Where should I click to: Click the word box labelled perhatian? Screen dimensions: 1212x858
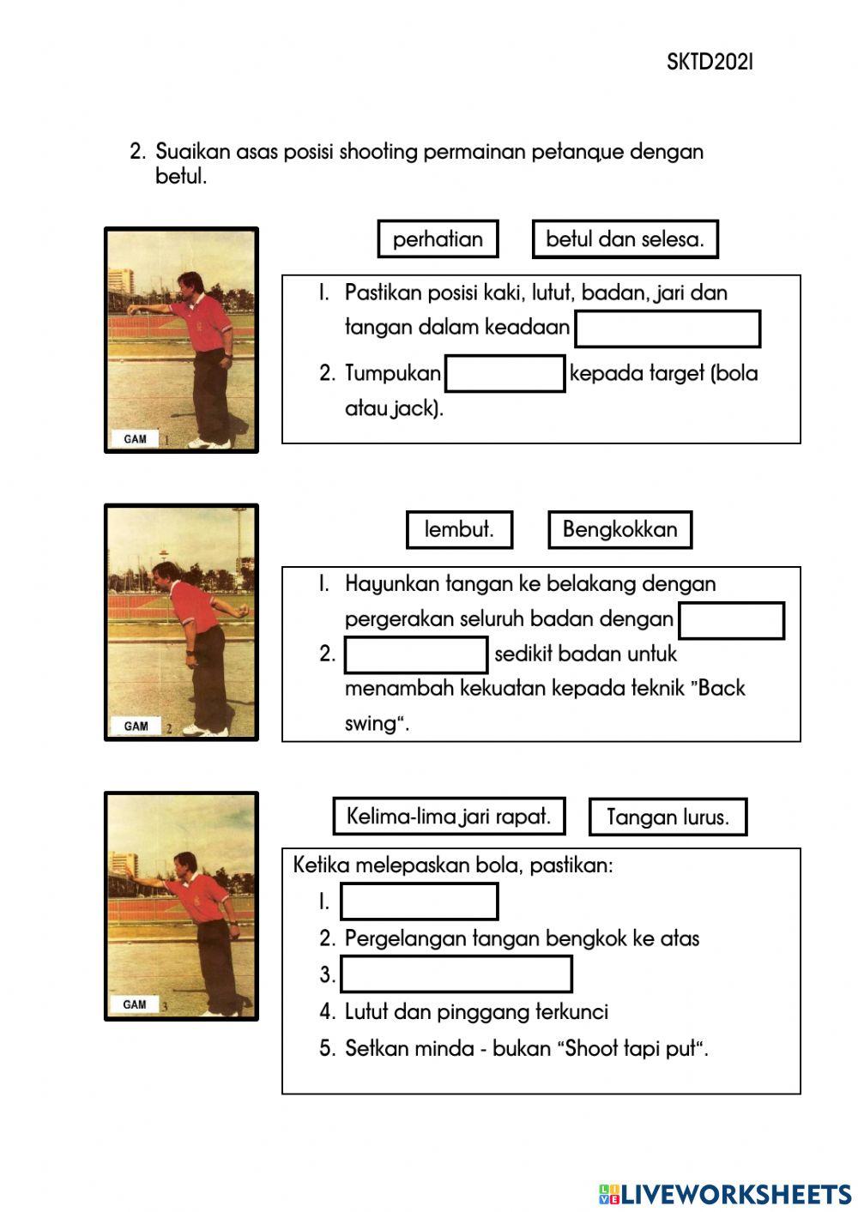pyautogui.click(x=438, y=239)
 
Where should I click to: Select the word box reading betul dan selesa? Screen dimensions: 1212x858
pyautogui.click(x=625, y=239)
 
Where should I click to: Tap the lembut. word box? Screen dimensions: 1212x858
pyautogui.click(x=459, y=530)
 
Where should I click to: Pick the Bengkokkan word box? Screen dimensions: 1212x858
pyautogui.click(x=619, y=530)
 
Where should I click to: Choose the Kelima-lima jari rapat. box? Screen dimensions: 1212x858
pyautogui.click(x=449, y=816)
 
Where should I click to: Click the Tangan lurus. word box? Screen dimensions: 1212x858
pyautogui.click(x=668, y=817)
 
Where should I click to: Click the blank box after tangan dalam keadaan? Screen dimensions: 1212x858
pyautogui.click(x=668, y=329)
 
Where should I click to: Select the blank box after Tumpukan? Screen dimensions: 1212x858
pyautogui.click(x=505, y=374)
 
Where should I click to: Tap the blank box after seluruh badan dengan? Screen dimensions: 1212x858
pyautogui.click(x=731, y=620)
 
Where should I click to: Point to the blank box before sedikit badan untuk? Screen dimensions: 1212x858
pyautogui.click(x=416, y=654)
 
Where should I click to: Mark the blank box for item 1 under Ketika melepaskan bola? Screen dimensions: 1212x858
pyautogui.click(x=420, y=901)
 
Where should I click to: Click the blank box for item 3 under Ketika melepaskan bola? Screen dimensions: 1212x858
pyautogui.click(x=456, y=974)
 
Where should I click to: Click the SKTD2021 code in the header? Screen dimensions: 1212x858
pyautogui.click(x=710, y=62)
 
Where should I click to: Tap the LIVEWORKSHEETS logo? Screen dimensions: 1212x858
pyautogui.click(x=725, y=1193)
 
